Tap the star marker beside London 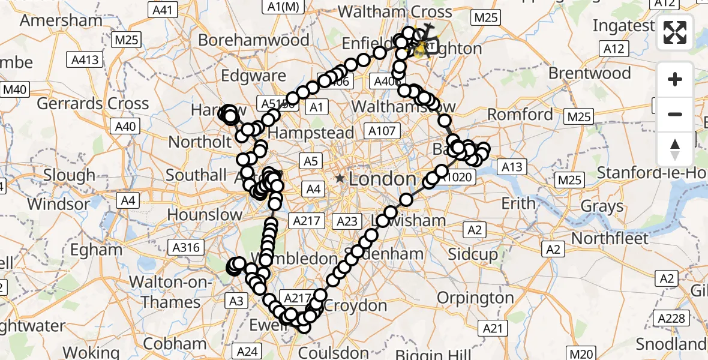tap(340, 178)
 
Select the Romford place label tap(520, 114)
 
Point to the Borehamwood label tap(254, 40)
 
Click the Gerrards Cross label tap(93, 103)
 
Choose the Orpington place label tap(475, 298)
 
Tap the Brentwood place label tap(590, 73)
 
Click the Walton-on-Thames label tap(171, 292)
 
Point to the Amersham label tap(61, 20)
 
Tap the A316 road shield tap(187, 247)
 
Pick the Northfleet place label tap(610, 238)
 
